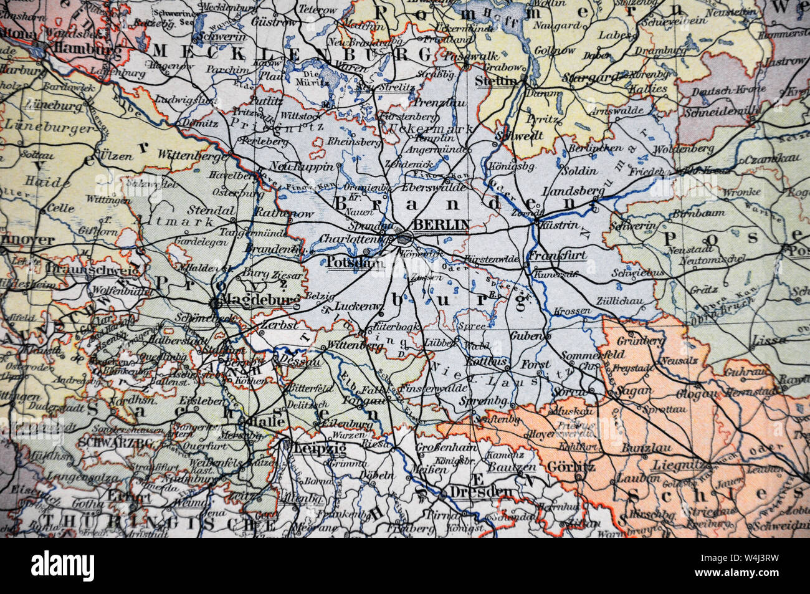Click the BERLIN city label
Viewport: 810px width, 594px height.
pos(441,225)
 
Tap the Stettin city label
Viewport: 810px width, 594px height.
pos(496,80)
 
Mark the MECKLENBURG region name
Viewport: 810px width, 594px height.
pos(293,53)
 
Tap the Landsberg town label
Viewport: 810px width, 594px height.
pos(566,191)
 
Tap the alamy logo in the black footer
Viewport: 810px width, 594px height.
pos(63,566)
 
